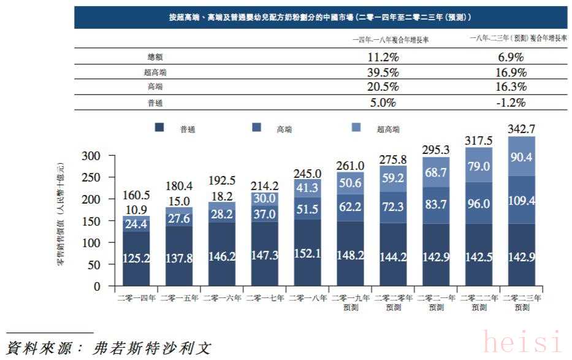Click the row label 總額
155,58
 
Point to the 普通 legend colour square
160,128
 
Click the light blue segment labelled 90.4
522,157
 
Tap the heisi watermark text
522,342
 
